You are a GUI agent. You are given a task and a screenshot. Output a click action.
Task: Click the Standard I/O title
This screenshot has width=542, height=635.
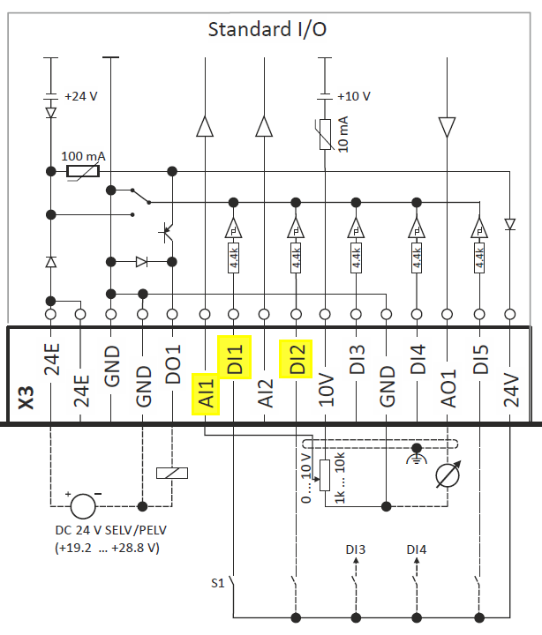coord(267,30)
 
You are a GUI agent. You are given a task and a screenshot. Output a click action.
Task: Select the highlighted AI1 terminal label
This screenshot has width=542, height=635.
coord(206,394)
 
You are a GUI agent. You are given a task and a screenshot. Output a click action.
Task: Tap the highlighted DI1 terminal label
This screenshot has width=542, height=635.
coord(234,358)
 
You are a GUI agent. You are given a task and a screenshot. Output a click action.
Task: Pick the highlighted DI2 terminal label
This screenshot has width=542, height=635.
coord(297,359)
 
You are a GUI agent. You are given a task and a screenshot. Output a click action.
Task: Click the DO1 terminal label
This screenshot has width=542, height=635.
coord(173,364)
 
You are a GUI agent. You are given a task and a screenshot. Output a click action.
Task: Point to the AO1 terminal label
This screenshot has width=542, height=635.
coord(448,388)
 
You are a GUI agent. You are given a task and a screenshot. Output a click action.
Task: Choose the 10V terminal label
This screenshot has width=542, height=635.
coord(326,391)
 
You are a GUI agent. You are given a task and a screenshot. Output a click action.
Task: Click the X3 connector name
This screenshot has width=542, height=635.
coord(26,398)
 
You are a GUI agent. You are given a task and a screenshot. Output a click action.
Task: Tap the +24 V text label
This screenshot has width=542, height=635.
coord(81,96)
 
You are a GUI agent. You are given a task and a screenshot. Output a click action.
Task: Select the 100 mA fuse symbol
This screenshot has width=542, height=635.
coord(83,171)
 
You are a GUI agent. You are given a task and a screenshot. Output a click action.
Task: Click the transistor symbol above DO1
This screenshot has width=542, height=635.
coord(167,232)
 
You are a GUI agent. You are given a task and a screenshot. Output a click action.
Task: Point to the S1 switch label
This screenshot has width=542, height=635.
coord(218,583)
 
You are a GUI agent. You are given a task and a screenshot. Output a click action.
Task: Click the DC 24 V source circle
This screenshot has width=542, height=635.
coord(83,506)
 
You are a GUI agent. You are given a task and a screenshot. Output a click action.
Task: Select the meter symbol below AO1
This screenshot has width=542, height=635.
coord(448,474)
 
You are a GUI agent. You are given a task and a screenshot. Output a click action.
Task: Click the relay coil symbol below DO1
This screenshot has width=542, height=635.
coord(172,473)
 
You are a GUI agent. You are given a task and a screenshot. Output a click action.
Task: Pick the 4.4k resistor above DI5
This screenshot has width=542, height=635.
coord(479,258)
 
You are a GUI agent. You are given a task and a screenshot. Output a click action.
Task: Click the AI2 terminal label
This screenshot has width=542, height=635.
coord(266,392)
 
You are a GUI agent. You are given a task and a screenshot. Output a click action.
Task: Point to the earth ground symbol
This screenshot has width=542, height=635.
coord(417,454)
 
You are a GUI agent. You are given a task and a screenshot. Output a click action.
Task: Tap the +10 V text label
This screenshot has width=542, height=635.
coord(354,96)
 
